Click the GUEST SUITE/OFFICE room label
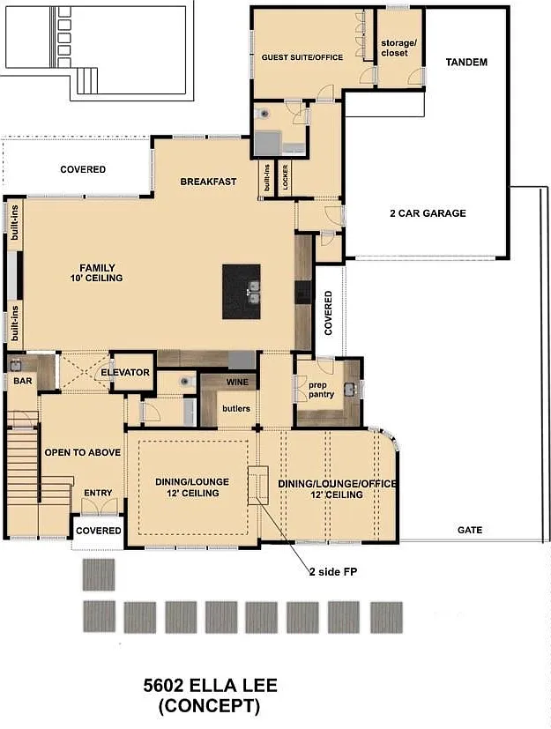tap(302, 57)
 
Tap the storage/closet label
tap(398, 48)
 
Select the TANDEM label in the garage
tap(466, 62)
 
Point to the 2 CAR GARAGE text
tap(428, 213)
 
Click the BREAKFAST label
tap(208, 182)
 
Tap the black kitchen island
tap(241, 292)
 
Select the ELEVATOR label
tap(125, 372)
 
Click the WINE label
tap(237, 383)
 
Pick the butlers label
tap(236, 408)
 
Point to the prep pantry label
tap(321, 390)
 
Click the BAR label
tap(23, 381)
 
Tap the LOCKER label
tap(285, 176)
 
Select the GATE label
tap(470, 530)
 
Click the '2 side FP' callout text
tap(333, 571)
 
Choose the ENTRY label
tap(98, 493)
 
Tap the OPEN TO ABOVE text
tap(82, 452)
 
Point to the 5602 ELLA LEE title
tap(210, 685)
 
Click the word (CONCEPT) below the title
tap(209, 706)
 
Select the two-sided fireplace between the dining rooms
tap(257, 486)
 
